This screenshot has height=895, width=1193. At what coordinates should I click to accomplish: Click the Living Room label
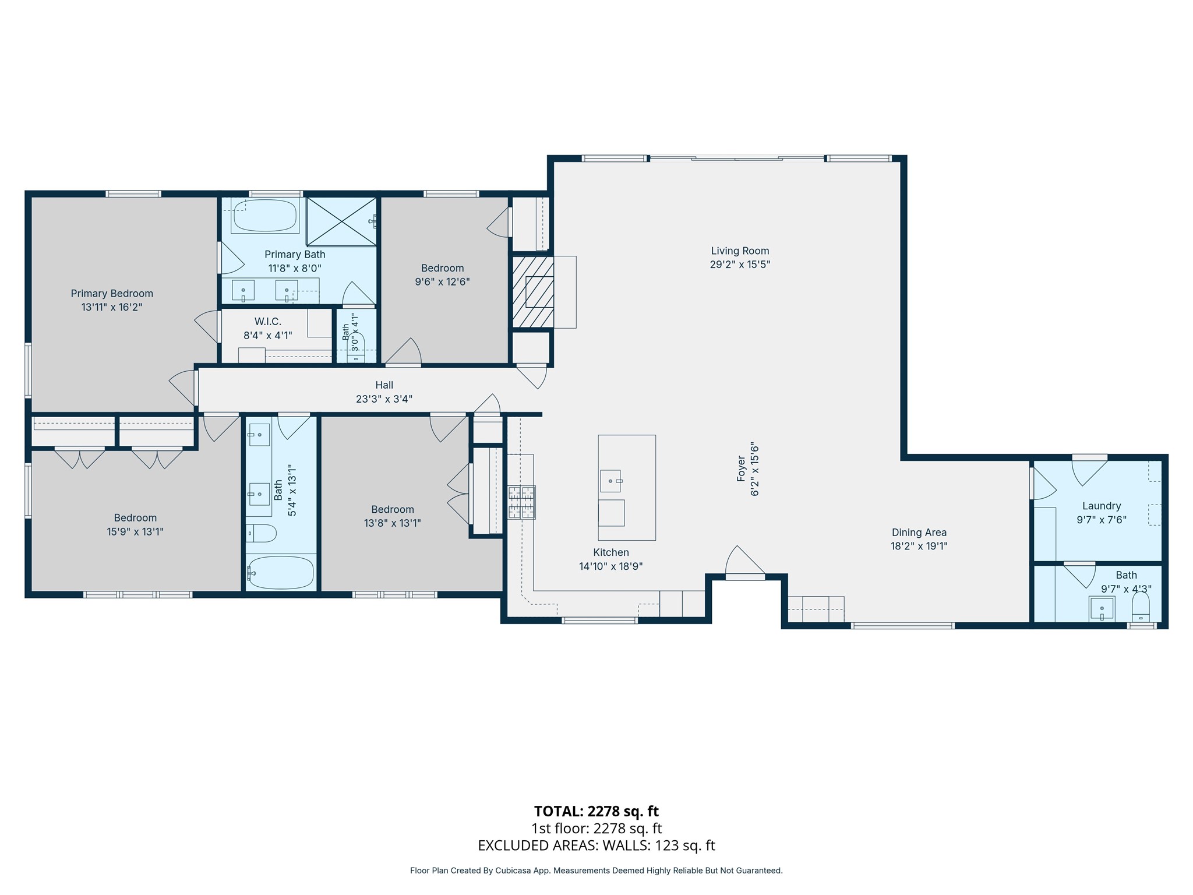[x=740, y=251]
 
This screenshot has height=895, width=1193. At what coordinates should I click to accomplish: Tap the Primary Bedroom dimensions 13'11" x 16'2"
[x=112, y=307]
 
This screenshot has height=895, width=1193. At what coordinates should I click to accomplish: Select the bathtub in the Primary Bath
[x=265, y=215]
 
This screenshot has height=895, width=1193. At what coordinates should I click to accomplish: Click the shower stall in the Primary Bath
[x=341, y=221]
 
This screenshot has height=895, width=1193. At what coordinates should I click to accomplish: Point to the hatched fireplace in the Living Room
[x=532, y=292]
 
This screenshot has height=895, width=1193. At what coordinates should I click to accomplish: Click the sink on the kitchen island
[x=611, y=481]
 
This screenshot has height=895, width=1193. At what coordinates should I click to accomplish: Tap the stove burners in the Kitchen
[x=521, y=502]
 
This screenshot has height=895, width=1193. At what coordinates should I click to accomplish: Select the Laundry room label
[x=1102, y=506]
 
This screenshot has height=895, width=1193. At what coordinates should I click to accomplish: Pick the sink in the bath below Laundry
[x=1102, y=609]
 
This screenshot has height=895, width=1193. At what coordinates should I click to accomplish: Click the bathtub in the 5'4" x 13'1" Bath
[x=281, y=573]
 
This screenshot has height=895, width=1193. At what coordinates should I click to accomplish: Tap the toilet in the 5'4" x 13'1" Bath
[x=261, y=533]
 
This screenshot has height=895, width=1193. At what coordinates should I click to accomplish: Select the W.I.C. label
[x=268, y=322]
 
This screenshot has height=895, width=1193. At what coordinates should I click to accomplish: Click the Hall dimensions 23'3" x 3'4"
[x=384, y=399]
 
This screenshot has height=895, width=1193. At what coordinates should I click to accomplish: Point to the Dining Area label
[x=919, y=532]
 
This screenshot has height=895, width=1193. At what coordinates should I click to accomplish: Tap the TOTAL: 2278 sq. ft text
[x=596, y=811]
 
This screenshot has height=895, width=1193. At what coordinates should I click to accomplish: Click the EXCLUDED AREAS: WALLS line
[x=596, y=845]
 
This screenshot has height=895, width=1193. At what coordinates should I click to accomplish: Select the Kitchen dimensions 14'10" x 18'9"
[x=611, y=566]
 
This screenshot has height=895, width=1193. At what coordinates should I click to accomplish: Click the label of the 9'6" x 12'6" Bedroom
[x=443, y=268]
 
